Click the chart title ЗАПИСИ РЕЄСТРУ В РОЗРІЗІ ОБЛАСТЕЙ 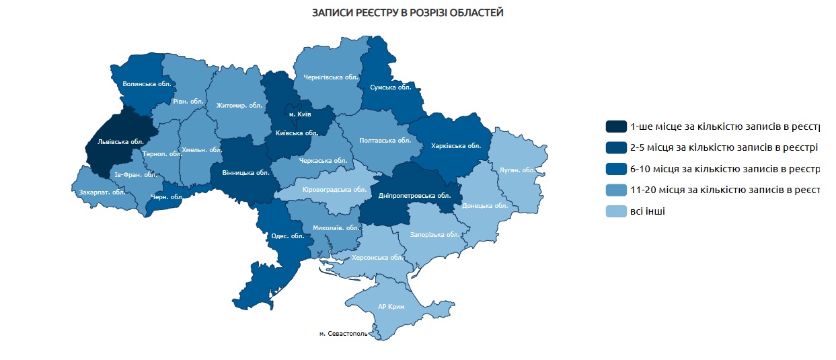point(408,13)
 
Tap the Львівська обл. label point(121,143)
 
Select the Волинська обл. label point(147,84)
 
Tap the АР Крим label point(391,307)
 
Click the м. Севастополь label point(343,333)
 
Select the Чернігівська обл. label point(332,77)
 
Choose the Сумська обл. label point(390,87)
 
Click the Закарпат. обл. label point(102,192)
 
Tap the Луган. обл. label point(517,170)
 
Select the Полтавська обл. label point(385,141)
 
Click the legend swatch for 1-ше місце point(615,127)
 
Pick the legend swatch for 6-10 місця point(615,169)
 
